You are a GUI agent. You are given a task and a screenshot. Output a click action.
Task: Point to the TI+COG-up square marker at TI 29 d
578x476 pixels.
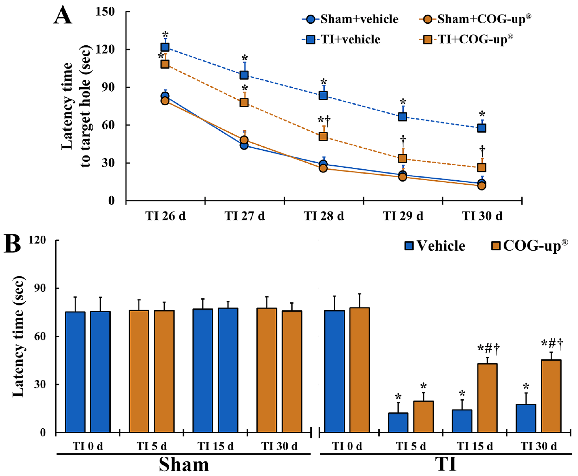[x=402, y=158]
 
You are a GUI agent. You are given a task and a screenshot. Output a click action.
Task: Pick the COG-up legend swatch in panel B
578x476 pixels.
[x=496, y=245]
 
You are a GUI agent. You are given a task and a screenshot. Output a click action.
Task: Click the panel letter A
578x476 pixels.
[x=62, y=16]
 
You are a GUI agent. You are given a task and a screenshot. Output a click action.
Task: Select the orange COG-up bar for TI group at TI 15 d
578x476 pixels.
[x=487, y=398]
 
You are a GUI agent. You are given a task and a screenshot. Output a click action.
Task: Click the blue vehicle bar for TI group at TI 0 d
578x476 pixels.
[x=334, y=371]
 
